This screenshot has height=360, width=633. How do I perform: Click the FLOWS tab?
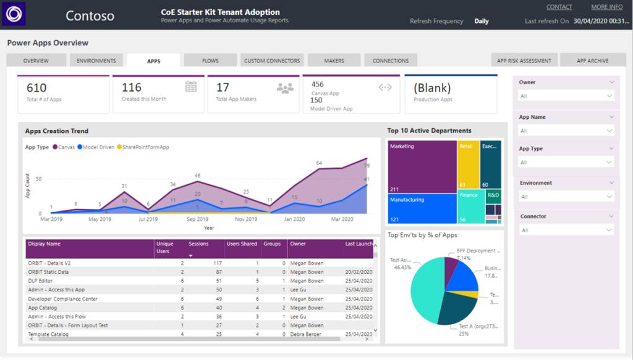pyautogui.click(x=210, y=61)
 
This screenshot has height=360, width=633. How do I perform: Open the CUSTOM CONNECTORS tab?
pyautogui.click(x=272, y=61)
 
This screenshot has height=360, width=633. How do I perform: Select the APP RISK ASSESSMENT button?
pyautogui.click(x=524, y=61)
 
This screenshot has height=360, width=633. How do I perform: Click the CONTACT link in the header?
pyautogui.click(x=559, y=7)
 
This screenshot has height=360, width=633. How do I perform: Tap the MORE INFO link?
pyautogui.click(x=606, y=7)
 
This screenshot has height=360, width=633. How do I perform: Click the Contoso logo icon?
pyautogui.click(x=14, y=14)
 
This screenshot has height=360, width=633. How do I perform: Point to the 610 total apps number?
pyautogui.click(x=36, y=88)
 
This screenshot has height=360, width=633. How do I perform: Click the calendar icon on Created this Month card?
pyautogui.click(x=191, y=87)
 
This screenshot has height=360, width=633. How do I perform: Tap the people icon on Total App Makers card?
pyautogui.click(x=285, y=88)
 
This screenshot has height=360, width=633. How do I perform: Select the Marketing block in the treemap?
pyautogui.click(x=422, y=167)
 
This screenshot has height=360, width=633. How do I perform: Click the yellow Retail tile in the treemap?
pyautogui.click(x=469, y=165)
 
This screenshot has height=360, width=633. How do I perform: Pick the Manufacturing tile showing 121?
pyautogui.click(x=422, y=209)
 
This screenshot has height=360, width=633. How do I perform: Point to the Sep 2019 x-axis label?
pyautogui.click(x=197, y=219)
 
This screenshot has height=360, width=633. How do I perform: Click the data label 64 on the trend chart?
pyautogui.click(x=319, y=163)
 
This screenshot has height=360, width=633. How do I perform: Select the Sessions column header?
pyautogui.click(x=198, y=244)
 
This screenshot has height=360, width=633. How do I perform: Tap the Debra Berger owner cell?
pyautogui.click(x=306, y=335)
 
